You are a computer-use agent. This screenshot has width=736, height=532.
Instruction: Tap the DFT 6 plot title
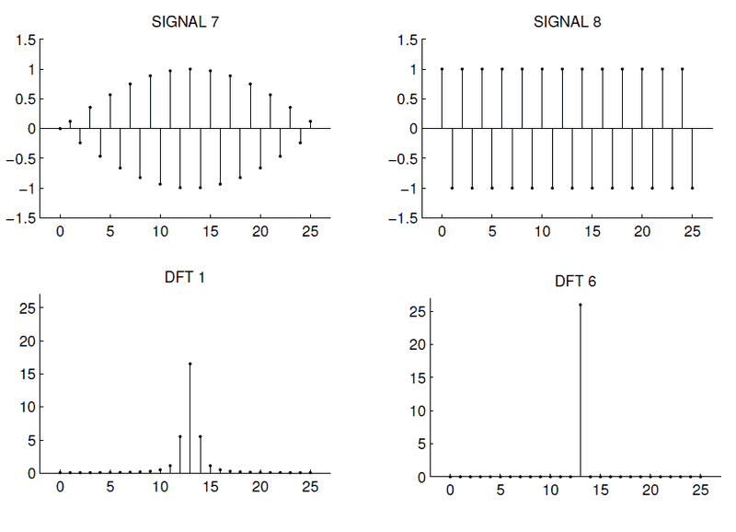pos(575,282)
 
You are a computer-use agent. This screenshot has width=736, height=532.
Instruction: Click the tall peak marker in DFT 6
pos(581,305)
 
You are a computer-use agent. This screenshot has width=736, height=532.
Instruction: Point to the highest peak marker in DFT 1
pos(190,364)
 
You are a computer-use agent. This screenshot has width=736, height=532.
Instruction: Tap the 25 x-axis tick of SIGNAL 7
pos(310,231)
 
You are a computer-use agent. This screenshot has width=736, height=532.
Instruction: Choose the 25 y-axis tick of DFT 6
pos(417,312)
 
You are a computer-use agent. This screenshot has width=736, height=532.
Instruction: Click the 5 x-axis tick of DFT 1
pos(110,487)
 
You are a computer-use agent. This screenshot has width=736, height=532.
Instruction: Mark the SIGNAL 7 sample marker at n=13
pos(190,69)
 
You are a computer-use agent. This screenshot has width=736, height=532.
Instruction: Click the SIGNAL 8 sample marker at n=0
pos(443,69)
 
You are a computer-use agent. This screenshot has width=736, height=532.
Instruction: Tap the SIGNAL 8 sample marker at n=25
pos(692,188)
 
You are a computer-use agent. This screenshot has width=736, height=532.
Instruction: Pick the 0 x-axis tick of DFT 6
pos(451,492)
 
